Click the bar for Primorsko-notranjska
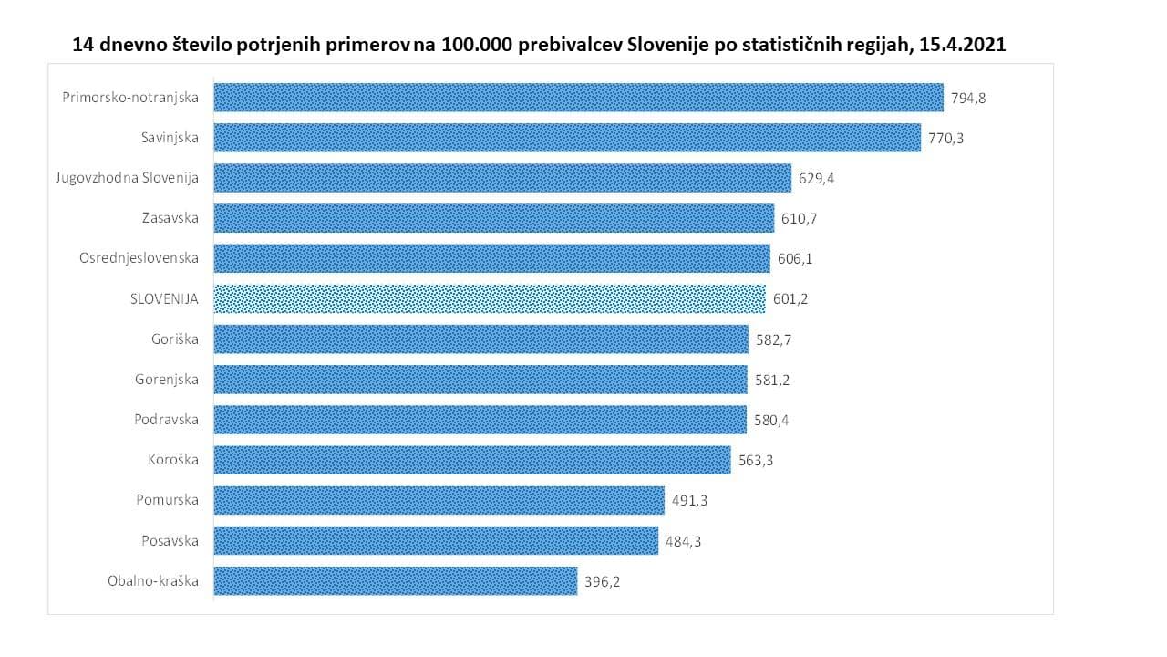pyautogui.click(x=578, y=98)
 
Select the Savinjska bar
pyautogui.click(x=567, y=138)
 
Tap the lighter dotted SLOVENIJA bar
pyautogui.click(x=490, y=298)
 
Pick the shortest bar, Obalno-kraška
pyautogui.click(x=396, y=580)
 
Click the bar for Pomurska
pyautogui.click(x=439, y=500)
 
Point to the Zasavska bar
pyautogui.click(x=494, y=218)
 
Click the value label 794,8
pyautogui.click(x=968, y=98)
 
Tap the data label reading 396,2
pyautogui.click(x=603, y=581)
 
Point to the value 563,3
pyautogui.click(x=756, y=460)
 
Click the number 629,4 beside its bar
pyautogui.click(x=817, y=178)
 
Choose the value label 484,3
pyautogui.click(x=684, y=541)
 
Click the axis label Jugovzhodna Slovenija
pyautogui.click(x=128, y=178)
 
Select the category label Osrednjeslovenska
pyautogui.click(x=139, y=258)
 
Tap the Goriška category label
pyautogui.click(x=175, y=339)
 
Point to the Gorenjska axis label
pyautogui.click(x=167, y=380)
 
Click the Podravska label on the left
pyautogui.click(x=166, y=420)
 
